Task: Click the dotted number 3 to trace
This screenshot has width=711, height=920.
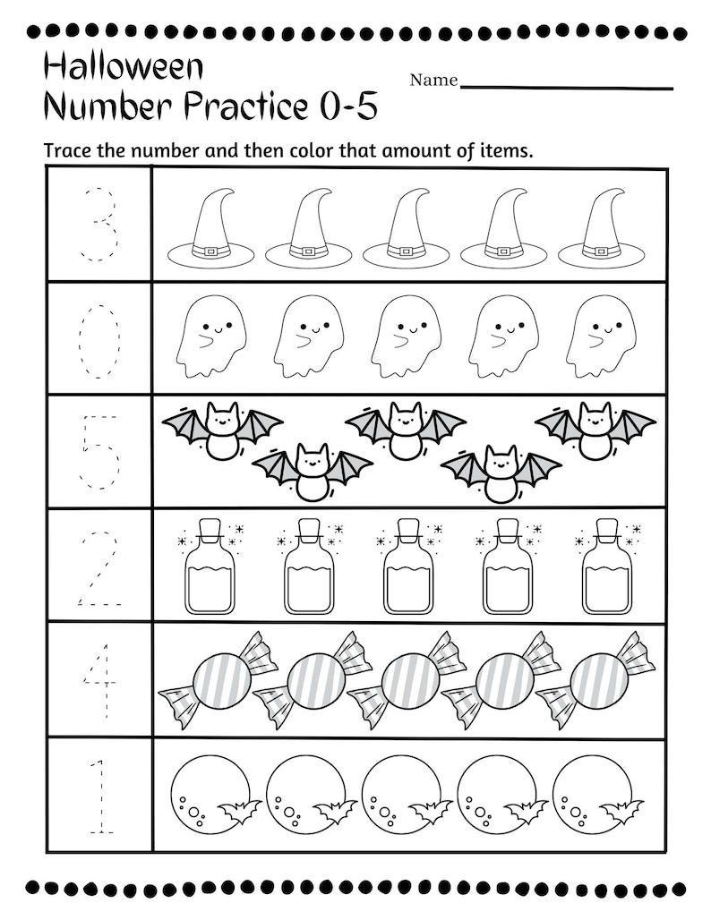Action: coord(99,224)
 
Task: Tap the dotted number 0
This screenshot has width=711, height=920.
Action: coord(99,339)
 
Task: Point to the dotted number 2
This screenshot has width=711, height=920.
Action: coord(99,567)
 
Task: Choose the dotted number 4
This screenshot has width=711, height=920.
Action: coord(99,681)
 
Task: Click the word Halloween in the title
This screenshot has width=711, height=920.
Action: coord(124,66)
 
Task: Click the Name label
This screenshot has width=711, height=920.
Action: coord(433,81)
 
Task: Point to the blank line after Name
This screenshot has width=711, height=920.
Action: coord(566,87)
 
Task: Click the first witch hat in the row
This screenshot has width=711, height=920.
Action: coord(210,229)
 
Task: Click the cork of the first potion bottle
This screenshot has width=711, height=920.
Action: coord(210,529)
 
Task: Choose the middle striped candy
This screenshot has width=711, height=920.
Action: coord(410,681)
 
